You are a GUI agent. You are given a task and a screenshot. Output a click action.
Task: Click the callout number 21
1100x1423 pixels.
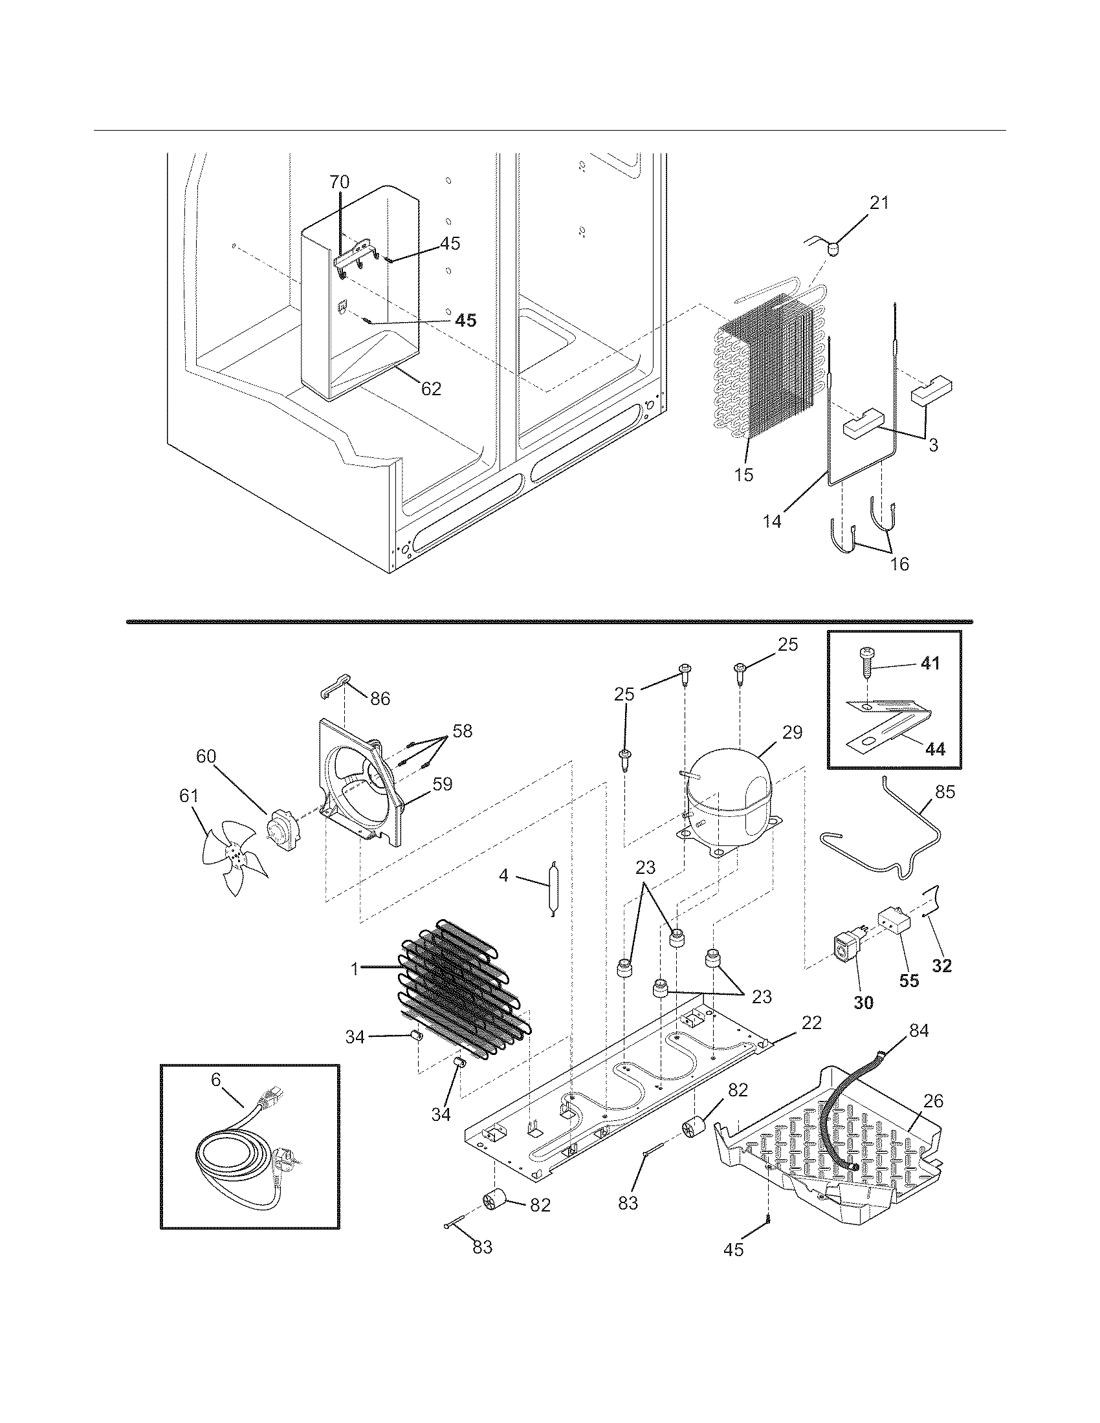pyautogui.click(x=879, y=202)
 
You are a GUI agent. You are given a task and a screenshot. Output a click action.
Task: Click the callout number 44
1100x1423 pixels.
pyautogui.click(x=934, y=750)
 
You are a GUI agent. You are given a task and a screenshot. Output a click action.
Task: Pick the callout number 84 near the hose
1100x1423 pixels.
pyautogui.click(x=918, y=1030)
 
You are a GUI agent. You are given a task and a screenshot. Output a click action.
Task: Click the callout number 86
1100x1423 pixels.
pyautogui.click(x=380, y=699)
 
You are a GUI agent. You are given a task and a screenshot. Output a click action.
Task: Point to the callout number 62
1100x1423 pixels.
pyautogui.click(x=431, y=389)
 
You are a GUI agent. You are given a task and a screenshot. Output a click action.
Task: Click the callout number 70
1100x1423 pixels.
pyautogui.click(x=339, y=182)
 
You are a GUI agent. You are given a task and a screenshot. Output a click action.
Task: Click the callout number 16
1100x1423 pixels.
pyautogui.click(x=899, y=563)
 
